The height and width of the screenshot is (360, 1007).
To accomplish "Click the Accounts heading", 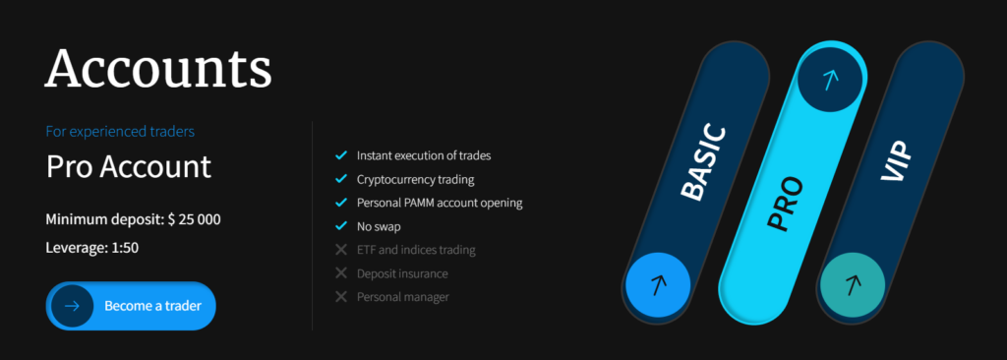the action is click(x=158, y=68).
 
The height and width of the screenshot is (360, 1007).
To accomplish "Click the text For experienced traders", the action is click(x=120, y=132).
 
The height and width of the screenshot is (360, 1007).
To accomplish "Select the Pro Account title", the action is click(x=129, y=166).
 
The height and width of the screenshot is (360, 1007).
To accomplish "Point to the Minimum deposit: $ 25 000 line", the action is click(x=133, y=219).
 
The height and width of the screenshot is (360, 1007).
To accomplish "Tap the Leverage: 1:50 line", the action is click(x=91, y=248).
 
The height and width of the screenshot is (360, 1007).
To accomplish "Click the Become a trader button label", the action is click(x=152, y=306).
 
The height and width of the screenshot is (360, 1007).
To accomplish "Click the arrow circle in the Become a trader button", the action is click(x=72, y=306).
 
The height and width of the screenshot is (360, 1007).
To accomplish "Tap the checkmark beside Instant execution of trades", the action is click(x=341, y=155).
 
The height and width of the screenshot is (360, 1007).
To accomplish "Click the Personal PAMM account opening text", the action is click(x=440, y=203).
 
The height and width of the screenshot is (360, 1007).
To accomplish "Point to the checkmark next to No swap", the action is click(x=341, y=226).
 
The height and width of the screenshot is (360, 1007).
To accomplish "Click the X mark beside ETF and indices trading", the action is click(x=341, y=250).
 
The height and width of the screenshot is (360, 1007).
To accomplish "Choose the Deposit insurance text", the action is click(x=402, y=273).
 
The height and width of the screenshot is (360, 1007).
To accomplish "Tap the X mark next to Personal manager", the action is click(x=341, y=297).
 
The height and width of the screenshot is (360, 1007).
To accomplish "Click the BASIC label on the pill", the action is click(x=703, y=163).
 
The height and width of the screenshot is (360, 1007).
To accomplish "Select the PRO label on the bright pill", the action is click(x=786, y=204).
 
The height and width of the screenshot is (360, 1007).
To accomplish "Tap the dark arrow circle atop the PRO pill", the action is click(x=831, y=80).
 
